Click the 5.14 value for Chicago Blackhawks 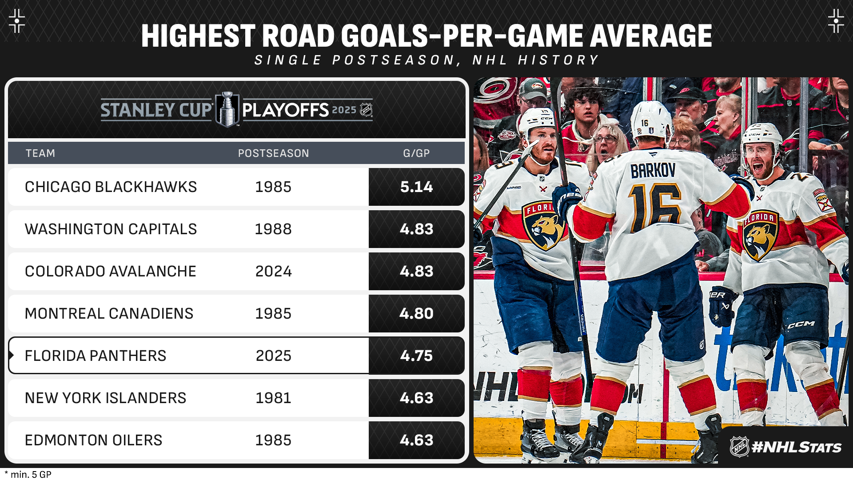[416, 187]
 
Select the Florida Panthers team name [96, 356]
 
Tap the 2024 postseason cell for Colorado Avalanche [274, 272]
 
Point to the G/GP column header [416, 153]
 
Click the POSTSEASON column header [274, 153]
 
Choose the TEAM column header [40, 153]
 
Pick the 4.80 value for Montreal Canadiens [416, 314]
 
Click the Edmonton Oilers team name [94, 440]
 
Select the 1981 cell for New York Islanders [274, 398]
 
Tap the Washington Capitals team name [111, 229]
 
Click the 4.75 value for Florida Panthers [416, 356]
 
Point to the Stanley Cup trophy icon [227, 109]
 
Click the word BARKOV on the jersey [653, 171]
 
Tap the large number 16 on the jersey [654, 208]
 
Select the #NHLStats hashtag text [797, 447]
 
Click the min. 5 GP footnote [28, 474]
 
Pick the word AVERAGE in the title [651, 36]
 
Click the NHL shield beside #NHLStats [740, 447]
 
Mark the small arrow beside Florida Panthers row [11, 356]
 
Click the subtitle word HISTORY [558, 60]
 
